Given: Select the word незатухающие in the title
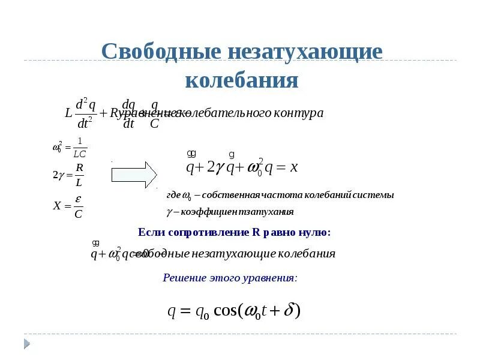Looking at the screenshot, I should pos(304,52).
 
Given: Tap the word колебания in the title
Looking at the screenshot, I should pos(241,80).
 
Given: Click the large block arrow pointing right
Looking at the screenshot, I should pos(134,175).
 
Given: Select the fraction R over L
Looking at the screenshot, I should pos(79,175).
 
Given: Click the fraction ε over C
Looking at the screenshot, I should pos(78,206).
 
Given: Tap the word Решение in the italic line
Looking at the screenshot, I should pos(182,278).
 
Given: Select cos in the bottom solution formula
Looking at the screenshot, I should pos(226,311).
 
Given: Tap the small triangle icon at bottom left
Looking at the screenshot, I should pos(27,344).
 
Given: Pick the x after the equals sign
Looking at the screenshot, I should pos(294,167).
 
